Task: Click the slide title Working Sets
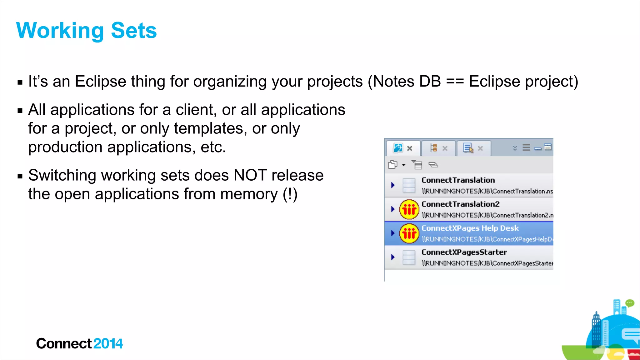(86, 31)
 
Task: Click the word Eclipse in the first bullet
(100, 82)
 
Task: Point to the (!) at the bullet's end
(290, 194)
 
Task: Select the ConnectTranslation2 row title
(460, 204)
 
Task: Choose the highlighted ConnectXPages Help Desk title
(470, 228)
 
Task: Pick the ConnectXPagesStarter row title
(464, 252)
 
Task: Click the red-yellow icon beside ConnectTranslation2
(409, 209)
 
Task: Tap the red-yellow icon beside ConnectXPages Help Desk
(409, 233)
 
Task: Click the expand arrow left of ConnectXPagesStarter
(393, 257)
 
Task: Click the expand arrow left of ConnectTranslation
(393, 185)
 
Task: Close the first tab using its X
(410, 148)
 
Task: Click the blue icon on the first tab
(398, 148)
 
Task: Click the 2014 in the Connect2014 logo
(108, 344)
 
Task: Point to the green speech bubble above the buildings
(630, 303)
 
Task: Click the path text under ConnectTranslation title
(487, 191)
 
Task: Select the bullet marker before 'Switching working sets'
(20, 176)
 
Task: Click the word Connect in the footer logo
(64, 344)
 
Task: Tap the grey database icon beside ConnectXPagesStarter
(409, 257)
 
